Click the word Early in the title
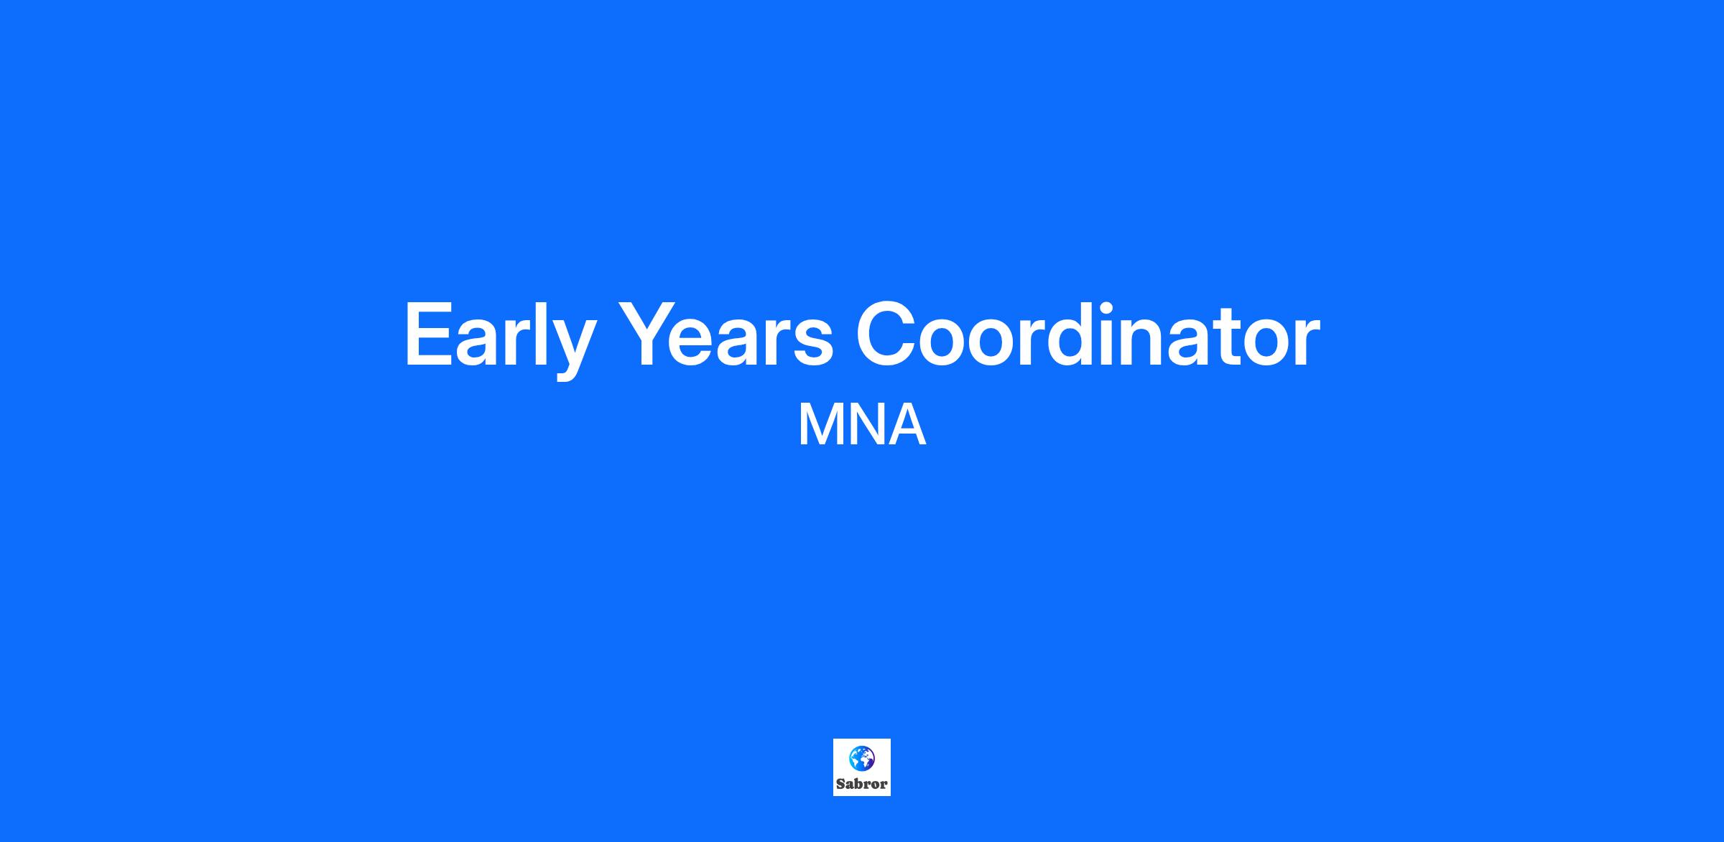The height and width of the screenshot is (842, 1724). pyautogui.click(x=500, y=336)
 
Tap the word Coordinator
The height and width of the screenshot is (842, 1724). pyautogui.click(x=1088, y=333)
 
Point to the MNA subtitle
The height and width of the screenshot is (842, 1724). pyautogui.click(x=862, y=426)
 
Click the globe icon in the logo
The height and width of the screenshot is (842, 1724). pyautogui.click(x=862, y=758)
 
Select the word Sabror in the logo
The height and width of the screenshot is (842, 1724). pyautogui.click(x=862, y=784)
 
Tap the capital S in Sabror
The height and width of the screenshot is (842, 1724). pyautogui.click(x=840, y=784)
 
